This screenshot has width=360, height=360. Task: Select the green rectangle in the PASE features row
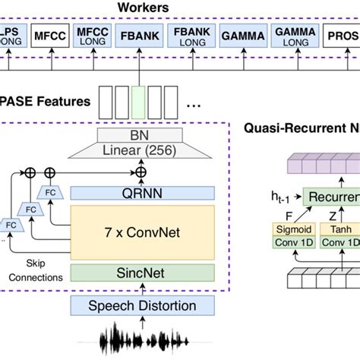tap(138, 101)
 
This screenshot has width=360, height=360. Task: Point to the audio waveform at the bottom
tap(143, 341)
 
